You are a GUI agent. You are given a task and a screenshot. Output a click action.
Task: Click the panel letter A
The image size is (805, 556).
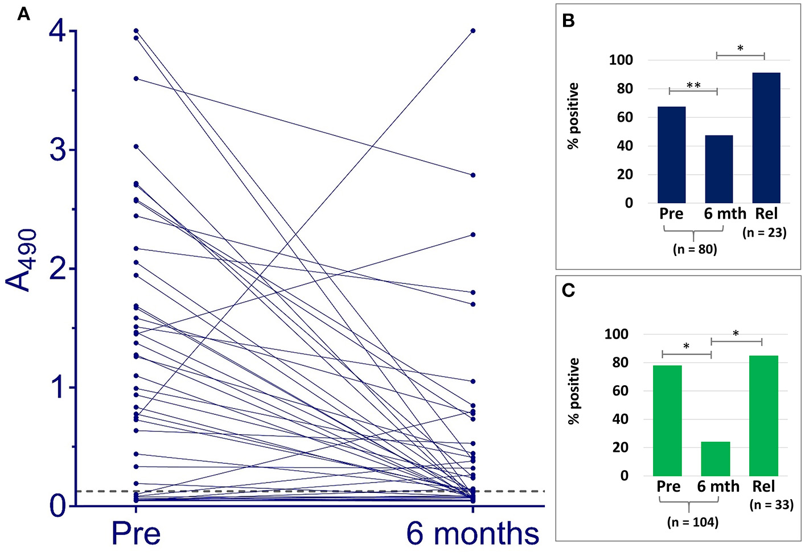23,14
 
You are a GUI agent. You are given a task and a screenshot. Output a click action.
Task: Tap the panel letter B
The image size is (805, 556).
568,21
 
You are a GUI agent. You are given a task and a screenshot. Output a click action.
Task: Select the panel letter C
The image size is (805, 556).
568,290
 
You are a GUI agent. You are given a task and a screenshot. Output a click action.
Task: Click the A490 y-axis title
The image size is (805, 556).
22,261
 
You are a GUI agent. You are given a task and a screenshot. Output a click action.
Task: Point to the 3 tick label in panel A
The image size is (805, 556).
57,150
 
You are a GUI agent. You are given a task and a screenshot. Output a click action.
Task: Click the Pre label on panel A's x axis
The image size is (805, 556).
135,533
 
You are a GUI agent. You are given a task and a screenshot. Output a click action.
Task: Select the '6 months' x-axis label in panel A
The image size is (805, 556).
473,533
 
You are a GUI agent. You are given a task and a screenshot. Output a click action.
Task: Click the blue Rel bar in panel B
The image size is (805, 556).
766,138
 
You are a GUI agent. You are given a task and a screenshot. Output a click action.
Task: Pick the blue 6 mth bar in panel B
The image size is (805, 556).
718,169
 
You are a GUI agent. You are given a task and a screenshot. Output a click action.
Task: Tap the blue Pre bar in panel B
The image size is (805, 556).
671,155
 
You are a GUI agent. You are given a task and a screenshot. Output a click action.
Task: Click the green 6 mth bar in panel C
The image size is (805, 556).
715,459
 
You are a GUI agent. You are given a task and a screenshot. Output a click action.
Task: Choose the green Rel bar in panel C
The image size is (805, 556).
763,415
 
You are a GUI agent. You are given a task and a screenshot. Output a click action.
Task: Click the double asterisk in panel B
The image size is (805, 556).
693,85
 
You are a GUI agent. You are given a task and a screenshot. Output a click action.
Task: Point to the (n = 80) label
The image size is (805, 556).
695,249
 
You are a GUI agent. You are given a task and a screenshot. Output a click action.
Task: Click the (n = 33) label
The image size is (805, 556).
771,505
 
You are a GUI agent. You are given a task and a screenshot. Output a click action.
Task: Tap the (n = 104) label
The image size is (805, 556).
692,522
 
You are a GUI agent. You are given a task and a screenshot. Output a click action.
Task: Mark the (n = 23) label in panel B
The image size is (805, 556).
765,232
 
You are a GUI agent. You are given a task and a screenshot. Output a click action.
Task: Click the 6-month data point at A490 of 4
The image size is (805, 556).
473,31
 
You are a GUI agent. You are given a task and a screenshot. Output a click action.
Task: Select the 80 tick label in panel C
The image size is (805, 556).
616,363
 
